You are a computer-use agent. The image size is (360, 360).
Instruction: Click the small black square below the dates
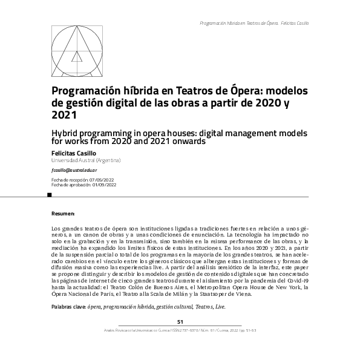coord(50,195)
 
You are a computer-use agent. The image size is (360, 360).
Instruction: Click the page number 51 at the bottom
coord(180,322)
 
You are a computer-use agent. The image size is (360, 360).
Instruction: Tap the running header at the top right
coord(254,23)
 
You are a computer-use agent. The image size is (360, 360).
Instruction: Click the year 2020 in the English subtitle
coord(105,142)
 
